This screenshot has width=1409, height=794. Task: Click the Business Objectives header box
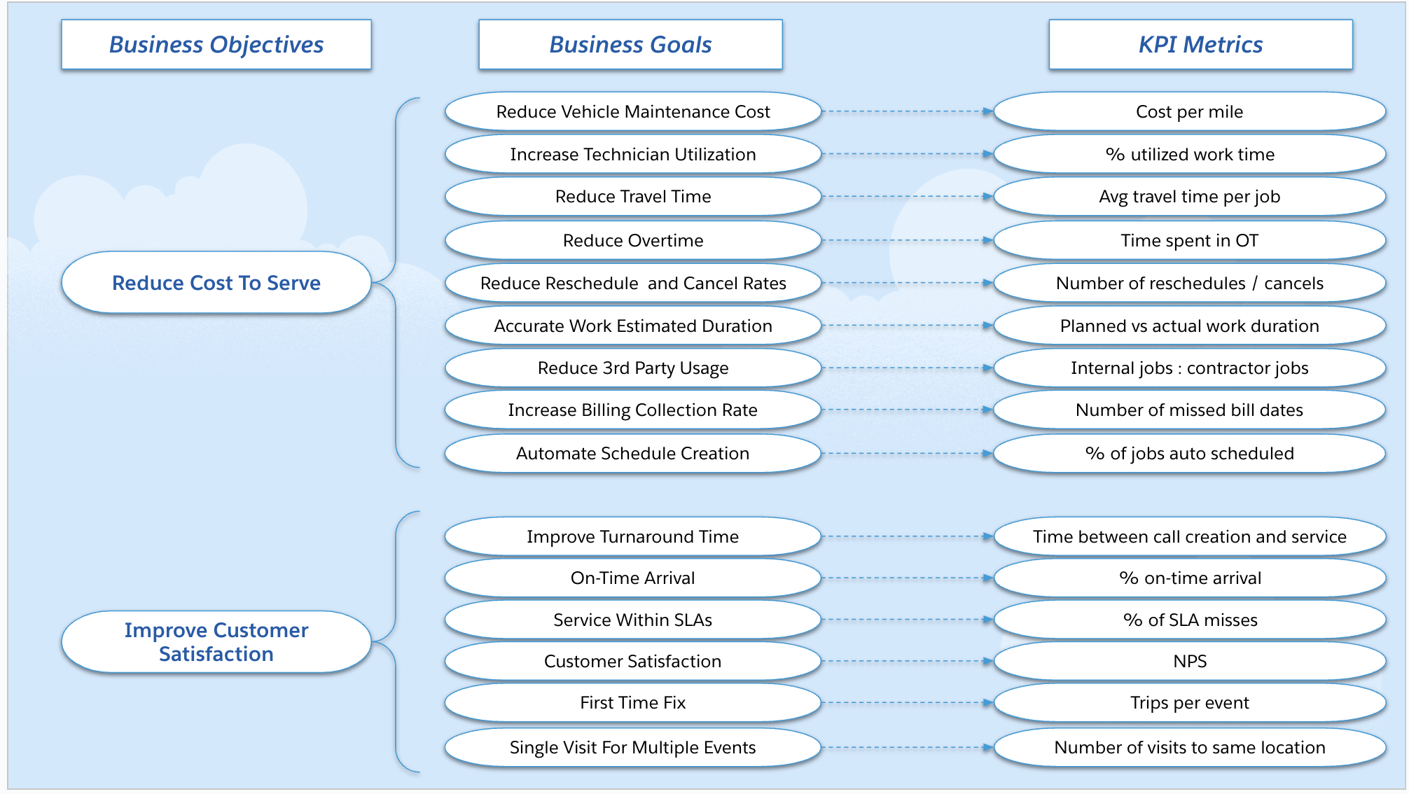tap(216, 45)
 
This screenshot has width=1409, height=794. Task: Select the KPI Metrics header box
tap(1200, 45)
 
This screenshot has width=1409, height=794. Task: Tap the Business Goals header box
tap(630, 45)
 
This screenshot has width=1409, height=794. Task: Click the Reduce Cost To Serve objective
tap(216, 283)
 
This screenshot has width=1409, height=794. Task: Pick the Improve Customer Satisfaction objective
tap(216, 642)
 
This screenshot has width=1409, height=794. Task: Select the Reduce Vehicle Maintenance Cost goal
tap(632, 112)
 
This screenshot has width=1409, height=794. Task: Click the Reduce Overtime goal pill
tap(632, 241)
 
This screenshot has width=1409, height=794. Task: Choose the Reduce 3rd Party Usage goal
tap(632, 368)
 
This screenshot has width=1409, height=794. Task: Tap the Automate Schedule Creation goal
tap(632, 454)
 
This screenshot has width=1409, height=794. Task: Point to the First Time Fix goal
tap(632, 703)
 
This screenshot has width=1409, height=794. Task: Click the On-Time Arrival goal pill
tap(632, 578)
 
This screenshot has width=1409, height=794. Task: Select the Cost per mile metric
tap(1189, 112)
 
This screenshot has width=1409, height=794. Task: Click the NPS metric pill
tap(1189, 662)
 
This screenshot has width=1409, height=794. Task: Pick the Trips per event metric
tap(1189, 703)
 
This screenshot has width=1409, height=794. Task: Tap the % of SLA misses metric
tap(1189, 620)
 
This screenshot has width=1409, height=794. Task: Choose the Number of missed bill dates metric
tap(1189, 410)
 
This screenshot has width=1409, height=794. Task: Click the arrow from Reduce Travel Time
tap(907, 197)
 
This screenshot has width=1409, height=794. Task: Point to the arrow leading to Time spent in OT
tap(907, 241)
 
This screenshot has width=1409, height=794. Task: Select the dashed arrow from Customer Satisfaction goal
tap(907, 662)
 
